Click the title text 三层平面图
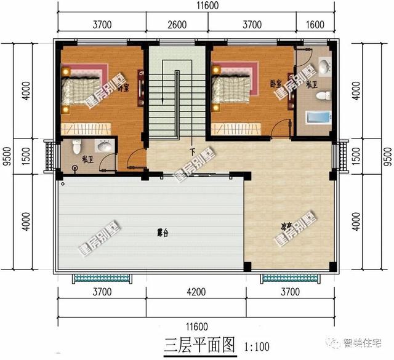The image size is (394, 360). point(200,345)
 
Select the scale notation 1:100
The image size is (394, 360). point(255,346)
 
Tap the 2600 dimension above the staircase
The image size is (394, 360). point(177,25)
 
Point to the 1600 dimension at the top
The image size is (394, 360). point(314,25)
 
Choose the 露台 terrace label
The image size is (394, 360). point(163,233)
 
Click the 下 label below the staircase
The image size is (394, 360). point(192,151)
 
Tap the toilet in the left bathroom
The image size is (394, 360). point(76,146)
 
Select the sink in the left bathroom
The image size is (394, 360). point(103,146)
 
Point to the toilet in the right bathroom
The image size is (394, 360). point(323,96)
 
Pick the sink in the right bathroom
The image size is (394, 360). point(324,66)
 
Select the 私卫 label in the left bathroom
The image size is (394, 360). point(87,158)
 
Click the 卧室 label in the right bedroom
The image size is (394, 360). point(276,83)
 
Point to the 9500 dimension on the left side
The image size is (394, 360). point(6,156)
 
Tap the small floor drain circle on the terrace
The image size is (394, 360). point(61,183)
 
